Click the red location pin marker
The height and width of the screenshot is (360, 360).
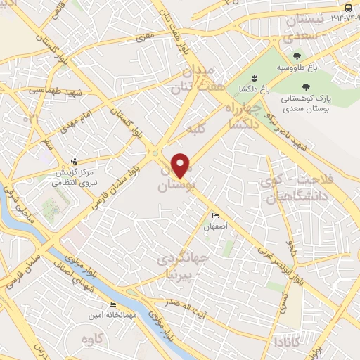coord(181,166)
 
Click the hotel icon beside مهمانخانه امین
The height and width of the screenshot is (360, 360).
coord(112,304)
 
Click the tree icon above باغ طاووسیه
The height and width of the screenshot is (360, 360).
coord(296,56)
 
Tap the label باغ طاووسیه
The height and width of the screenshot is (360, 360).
coord(296,67)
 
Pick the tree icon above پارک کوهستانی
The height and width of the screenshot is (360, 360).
coord(303,87)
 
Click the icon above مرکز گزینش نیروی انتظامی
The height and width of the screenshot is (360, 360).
coord(75,161)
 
